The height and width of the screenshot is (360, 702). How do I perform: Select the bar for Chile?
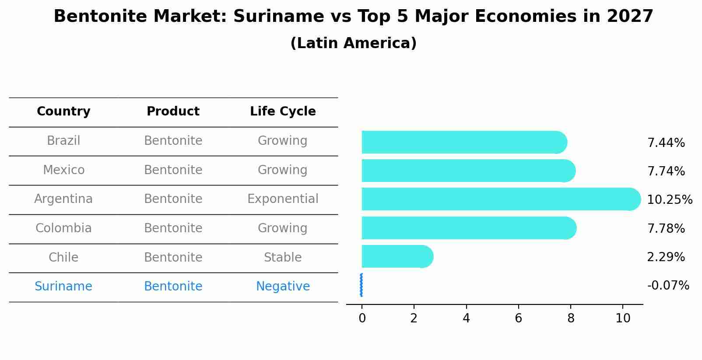[396, 256]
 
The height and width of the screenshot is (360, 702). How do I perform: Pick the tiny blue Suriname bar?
[361, 285]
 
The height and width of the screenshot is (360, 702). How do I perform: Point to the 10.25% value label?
[669, 200]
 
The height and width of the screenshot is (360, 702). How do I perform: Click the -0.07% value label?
[668, 286]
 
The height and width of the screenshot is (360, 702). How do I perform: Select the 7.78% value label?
[666, 228]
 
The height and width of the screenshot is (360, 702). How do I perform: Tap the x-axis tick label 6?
[518, 318]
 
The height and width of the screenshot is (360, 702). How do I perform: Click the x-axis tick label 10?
[622, 318]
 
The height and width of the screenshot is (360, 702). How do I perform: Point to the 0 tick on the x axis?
[362, 318]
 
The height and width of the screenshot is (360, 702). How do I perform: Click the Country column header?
[63, 112]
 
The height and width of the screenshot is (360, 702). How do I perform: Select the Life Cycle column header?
[283, 112]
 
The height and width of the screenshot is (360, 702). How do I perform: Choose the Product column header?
[173, 112]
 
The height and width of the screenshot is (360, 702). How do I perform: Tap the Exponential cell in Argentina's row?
[283, 199]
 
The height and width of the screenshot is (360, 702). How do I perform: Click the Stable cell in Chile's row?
[283, 257]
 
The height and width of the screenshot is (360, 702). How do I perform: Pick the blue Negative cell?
[283, 287]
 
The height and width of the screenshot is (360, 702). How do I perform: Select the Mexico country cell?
[63, 170]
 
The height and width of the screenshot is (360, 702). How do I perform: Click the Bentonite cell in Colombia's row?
[173, 228]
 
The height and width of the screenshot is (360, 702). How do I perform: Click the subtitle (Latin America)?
[353, 43]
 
